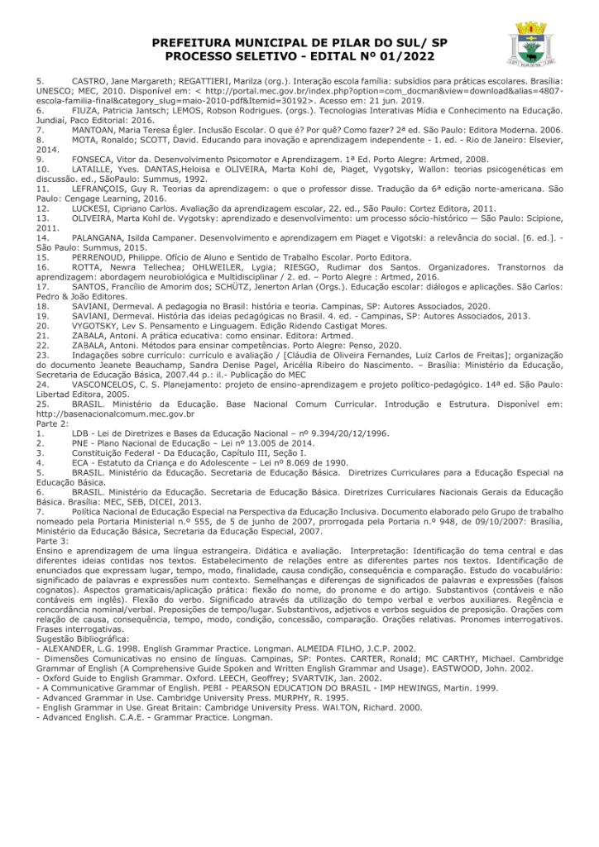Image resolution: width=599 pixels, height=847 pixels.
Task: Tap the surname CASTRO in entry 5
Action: pos(91,80)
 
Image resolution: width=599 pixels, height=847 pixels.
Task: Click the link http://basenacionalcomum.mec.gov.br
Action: pos(116,414)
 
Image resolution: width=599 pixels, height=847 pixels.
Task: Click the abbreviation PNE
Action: pos(81,443)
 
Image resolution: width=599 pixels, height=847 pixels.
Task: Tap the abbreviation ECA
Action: pos(81,463)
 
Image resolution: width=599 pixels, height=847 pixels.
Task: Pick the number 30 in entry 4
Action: pos(333,463)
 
